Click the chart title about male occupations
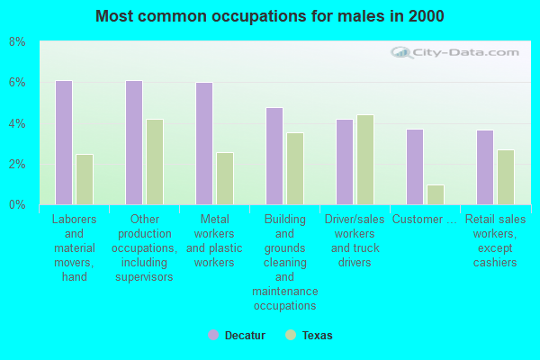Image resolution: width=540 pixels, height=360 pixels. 270,16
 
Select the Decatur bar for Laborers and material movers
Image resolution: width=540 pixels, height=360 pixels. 64,142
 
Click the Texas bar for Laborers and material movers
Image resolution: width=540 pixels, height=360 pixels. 84,179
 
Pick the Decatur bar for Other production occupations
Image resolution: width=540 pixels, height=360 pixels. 133,142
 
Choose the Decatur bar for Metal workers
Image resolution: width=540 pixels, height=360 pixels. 204,143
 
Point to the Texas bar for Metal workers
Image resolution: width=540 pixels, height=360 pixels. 224,178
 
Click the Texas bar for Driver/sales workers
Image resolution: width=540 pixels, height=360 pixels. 364,159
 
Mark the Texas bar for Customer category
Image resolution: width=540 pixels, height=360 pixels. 435,194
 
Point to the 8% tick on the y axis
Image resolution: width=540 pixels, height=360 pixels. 17,42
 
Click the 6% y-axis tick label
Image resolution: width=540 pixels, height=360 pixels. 17,83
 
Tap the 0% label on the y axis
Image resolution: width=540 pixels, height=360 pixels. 17,205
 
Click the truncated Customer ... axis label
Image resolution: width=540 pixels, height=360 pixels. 425,220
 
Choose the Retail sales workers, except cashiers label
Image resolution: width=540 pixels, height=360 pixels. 495,241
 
